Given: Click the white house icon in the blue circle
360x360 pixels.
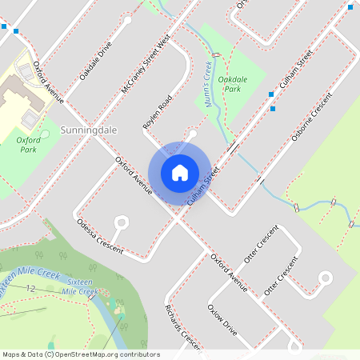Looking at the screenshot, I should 180,173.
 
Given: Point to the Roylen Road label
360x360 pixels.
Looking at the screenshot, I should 157,112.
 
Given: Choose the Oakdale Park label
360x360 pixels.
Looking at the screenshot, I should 231,84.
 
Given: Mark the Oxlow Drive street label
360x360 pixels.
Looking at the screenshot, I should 222,318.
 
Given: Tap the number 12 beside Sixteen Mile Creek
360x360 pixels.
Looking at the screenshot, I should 31,287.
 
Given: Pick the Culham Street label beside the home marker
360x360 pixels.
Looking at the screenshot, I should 202,186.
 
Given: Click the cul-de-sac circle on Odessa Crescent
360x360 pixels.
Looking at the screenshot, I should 122,222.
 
